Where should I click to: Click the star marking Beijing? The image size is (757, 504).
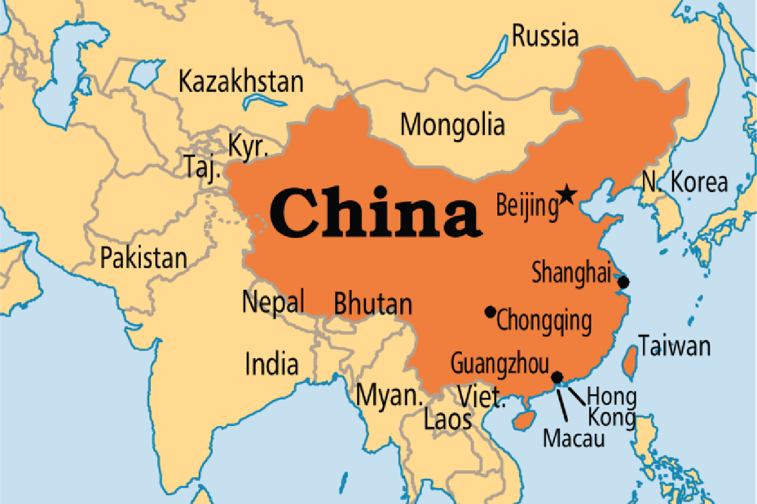click(567, 194)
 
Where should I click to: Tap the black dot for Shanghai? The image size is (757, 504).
click(623, 282)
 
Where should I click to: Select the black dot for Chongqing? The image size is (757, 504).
click(490, 311)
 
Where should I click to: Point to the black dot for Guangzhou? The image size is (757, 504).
click(557, 376)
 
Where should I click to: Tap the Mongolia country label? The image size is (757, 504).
click(452, 125)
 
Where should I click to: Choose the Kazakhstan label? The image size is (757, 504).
click(241, 82)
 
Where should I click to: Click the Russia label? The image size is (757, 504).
click(545, 36)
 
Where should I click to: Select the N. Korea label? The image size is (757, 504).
click(685, 183)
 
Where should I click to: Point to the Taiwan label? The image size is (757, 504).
click(674, 346)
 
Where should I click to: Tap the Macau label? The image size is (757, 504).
click(574, 438)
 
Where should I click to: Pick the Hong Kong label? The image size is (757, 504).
click(612, 407)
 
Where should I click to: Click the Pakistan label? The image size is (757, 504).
click(143, 258)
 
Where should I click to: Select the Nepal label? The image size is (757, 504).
click(273, 301)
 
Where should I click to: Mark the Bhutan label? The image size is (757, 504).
click(373, 304)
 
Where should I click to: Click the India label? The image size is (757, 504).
click(271, 364)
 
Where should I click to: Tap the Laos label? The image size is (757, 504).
click(448, 420)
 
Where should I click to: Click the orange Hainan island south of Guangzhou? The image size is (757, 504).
click(523, 420)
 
